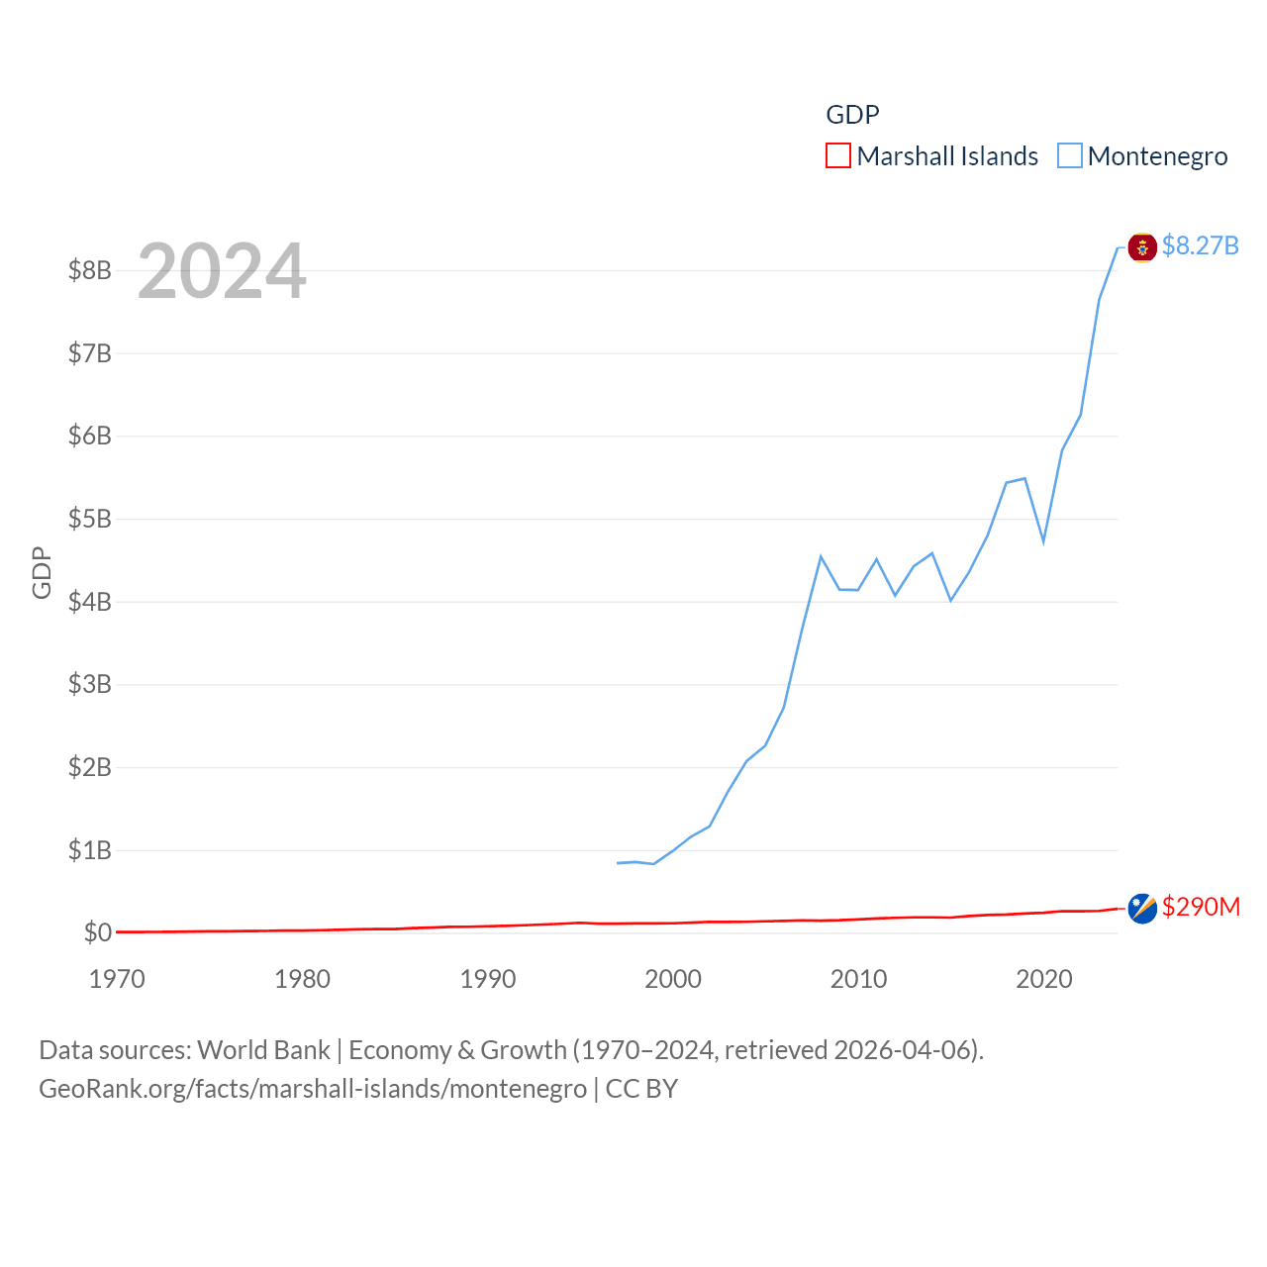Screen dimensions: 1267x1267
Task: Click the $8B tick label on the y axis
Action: point(89,270)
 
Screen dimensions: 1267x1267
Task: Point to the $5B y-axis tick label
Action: point(89,519)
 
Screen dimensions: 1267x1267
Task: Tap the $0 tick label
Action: point(97,932)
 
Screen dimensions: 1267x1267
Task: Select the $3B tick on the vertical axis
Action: point(89,684)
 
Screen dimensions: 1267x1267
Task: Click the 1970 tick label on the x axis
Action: point(117,979)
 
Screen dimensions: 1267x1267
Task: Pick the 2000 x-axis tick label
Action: point(673,979)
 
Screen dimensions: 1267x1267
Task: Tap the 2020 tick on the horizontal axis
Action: point(1044,979)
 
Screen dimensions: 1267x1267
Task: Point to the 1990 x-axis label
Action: point(488,979)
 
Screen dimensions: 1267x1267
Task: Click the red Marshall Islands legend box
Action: point(838,156)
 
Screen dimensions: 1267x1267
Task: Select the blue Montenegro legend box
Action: point(1070,156)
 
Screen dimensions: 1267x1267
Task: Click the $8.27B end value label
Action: point(1200,245)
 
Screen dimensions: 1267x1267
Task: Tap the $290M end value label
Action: point(1201,907)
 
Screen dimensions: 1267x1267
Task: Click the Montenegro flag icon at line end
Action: point(1142,247)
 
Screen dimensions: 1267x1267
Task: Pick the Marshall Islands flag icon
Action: point(1142,909)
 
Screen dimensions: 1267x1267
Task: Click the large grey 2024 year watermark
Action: point(222,271)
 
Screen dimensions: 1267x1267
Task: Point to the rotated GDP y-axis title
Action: point(42,572)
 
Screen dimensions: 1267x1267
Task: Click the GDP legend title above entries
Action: point(852,115)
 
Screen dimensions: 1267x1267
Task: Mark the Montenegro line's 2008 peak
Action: point(822,556)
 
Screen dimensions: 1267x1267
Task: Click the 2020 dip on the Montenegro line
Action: point(1043,541)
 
